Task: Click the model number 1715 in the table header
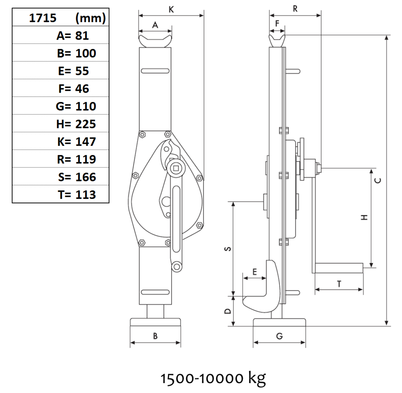(x=43, y=18)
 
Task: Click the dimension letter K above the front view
(x=171, y=10)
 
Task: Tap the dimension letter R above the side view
(x=295, y=9)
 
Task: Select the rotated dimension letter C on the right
(x=378, y=180)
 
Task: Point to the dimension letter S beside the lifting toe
(x=228, y=248)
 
